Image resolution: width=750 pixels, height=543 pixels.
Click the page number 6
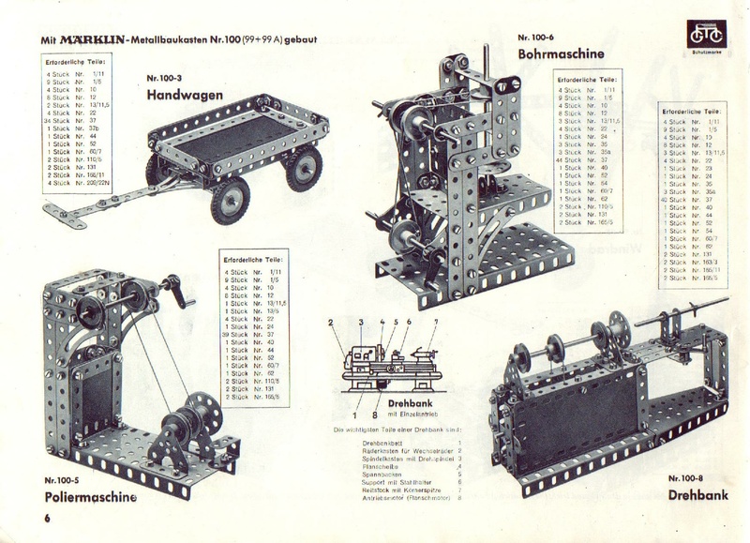[44, 518]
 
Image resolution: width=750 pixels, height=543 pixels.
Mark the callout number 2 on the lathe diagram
[331, 323]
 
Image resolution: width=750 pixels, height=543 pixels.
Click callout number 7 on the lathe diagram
[435, 323]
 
